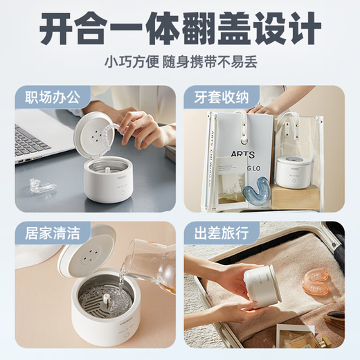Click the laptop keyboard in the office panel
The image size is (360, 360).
[31, 141]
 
